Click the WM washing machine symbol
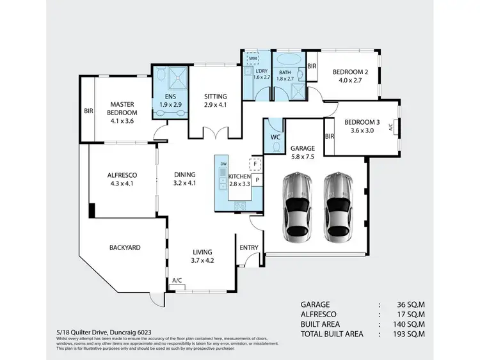(x=253, y=58)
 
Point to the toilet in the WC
(x=276, y=146)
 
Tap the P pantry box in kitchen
(x=257, y=180)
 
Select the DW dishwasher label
(x=223, y=164)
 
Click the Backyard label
(x=124, y=247)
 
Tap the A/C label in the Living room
(x=177, y=281)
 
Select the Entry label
(x=248, y=248)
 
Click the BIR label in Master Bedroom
(x=88, y=111)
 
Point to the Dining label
(x=185, y=175)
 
